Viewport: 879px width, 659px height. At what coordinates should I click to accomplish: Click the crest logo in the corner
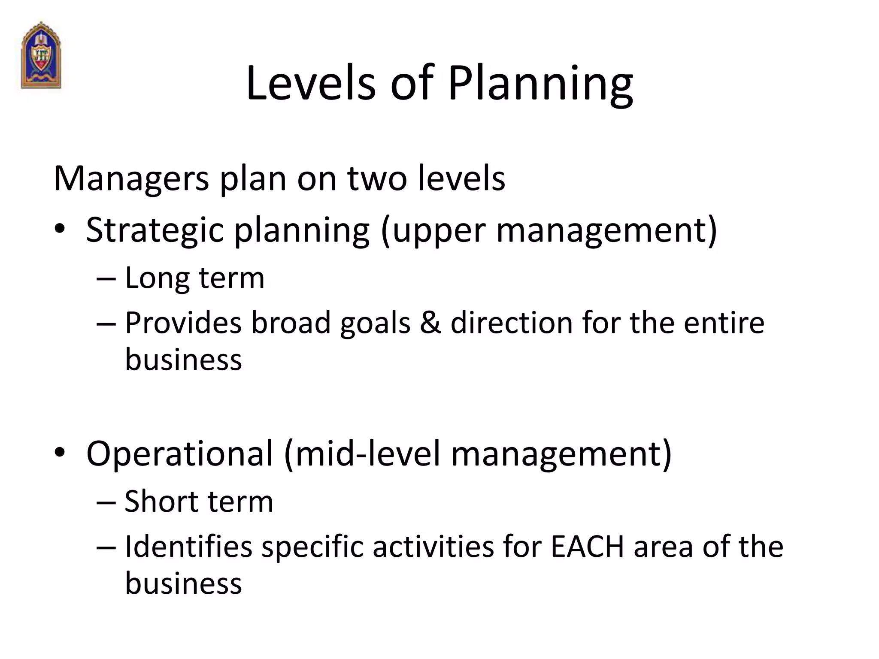(x=41, y=55)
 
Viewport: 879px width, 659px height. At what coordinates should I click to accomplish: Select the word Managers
(x=131, y=178)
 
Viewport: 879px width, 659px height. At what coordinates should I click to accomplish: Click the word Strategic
(x=155, y=230)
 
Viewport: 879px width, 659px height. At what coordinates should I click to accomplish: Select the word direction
(x=511, y=323)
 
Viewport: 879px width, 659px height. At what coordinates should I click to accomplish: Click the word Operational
(x=179, y=454)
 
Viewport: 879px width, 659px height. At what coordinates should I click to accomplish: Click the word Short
(x=161, y=502)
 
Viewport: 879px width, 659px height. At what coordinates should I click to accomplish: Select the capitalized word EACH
(x=587, y=547)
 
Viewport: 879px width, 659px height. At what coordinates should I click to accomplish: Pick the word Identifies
(x=188, y=547)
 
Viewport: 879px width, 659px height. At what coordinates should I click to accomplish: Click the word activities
(x=433, y=547)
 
